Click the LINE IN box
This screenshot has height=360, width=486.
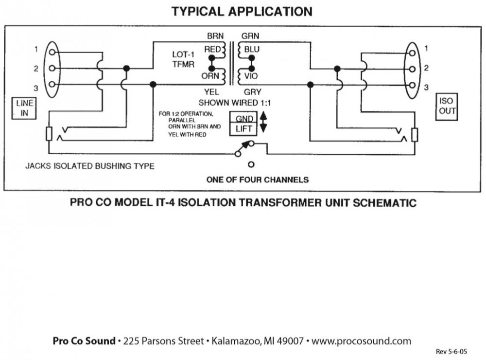24,108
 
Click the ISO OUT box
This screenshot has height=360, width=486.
447,106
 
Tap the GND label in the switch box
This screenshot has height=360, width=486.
244,119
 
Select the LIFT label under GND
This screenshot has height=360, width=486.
244,129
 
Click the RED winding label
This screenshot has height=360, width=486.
212,49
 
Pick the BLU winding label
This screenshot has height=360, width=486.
252,49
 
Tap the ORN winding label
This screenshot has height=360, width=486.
211,76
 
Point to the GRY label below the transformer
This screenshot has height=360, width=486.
251,91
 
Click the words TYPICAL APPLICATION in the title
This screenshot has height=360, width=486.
242,11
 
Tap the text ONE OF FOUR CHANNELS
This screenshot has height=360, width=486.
258,180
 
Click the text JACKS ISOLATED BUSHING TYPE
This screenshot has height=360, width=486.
90,166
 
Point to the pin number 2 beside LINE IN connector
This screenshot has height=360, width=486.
36,69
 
